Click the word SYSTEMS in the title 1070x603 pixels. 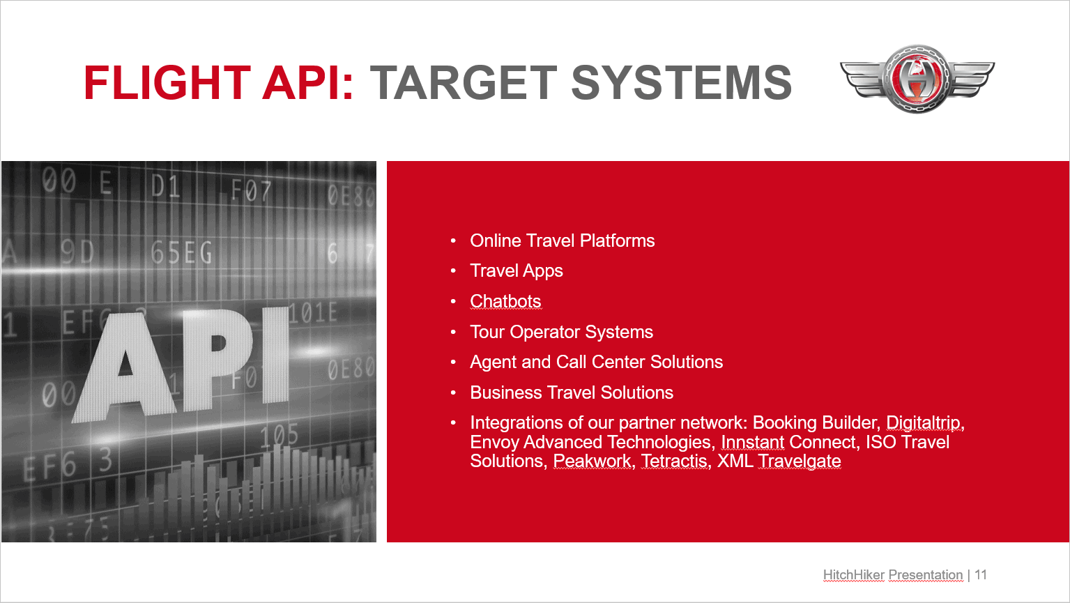(x=682, y=83)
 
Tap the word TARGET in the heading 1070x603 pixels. (x=464, y=83)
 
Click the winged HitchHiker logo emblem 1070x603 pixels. (x=917, y=79)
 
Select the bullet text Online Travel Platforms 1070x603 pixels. (x=563, y=241)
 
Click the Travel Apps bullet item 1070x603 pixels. (x=517, y=271)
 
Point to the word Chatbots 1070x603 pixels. (x=505, y=301)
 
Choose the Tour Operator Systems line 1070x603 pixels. (x=561, y=332)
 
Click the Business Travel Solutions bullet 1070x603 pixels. (x=572, y=392)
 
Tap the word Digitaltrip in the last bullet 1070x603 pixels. (x=924, y=423)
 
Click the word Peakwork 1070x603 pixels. (x=592, y=461)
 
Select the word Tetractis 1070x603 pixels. (x=674, y=461)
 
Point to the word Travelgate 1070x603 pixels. (x=799, y=461)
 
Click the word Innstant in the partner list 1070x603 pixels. (x=753, y=443)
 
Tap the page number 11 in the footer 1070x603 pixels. (x=981, y=575)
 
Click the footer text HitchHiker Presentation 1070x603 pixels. (x=893, y=575)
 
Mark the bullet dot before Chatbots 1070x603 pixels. (x=453, y=301)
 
